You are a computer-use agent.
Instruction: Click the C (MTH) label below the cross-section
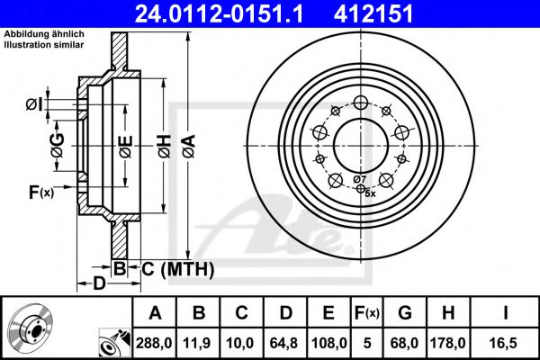(x=177, y=268)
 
